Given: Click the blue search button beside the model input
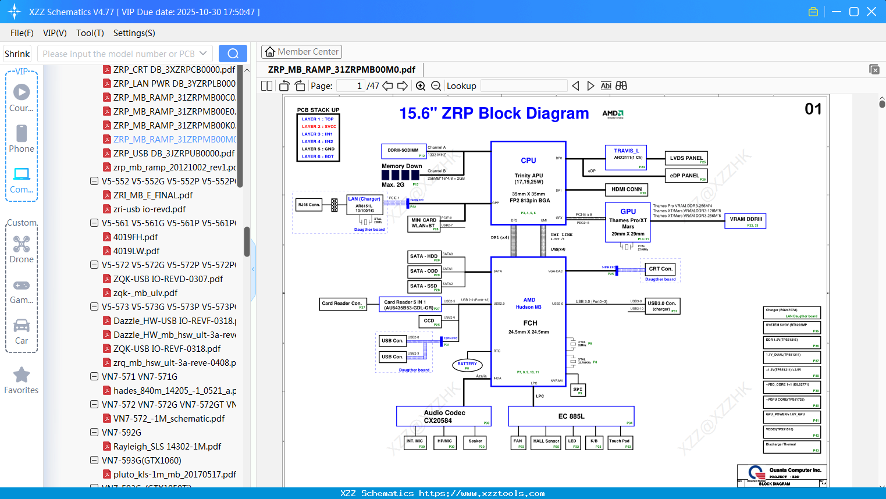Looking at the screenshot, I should (233, 54).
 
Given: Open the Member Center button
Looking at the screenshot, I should (301, 52).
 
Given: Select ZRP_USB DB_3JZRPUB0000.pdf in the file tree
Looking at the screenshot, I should (173, 154).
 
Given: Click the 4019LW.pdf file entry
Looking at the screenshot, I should (136, 251).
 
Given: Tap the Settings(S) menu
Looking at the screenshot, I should (134, 33).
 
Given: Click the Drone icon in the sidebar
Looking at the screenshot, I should (22, 245).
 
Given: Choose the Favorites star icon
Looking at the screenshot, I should (22, 375).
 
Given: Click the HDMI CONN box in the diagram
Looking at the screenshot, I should (627, 190).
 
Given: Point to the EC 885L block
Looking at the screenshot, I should (571, 416).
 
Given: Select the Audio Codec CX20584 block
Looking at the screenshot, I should (444, 416).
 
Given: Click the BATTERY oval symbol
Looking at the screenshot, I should (467, 365).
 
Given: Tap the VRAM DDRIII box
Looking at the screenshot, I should (745, 220).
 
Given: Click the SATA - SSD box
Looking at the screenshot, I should (424, 286).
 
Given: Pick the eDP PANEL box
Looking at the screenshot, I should (685, 176).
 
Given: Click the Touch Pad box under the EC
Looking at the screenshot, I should (620, 443).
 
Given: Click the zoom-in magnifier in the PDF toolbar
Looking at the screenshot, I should (421, 86).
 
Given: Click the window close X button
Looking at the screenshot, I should (871, 12).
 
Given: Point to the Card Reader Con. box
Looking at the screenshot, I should (343, 304).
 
